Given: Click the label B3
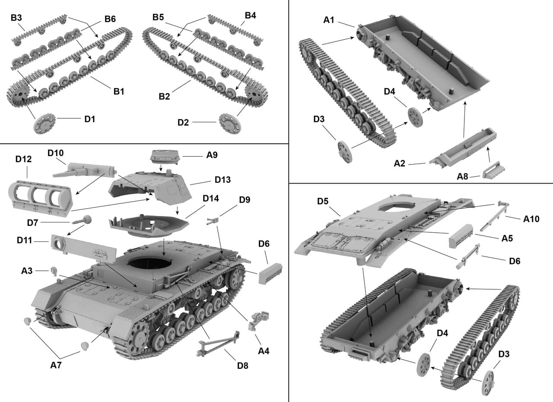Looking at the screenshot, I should pos(16,17).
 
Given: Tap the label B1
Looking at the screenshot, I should pos(119,91).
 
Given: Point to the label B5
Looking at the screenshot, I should pos(159,17).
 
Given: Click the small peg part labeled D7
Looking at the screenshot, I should pos(84,220).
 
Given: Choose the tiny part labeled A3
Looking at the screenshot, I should pos(54,271).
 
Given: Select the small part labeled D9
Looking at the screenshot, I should pos(212,221).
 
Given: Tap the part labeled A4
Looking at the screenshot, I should pos(257,321).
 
